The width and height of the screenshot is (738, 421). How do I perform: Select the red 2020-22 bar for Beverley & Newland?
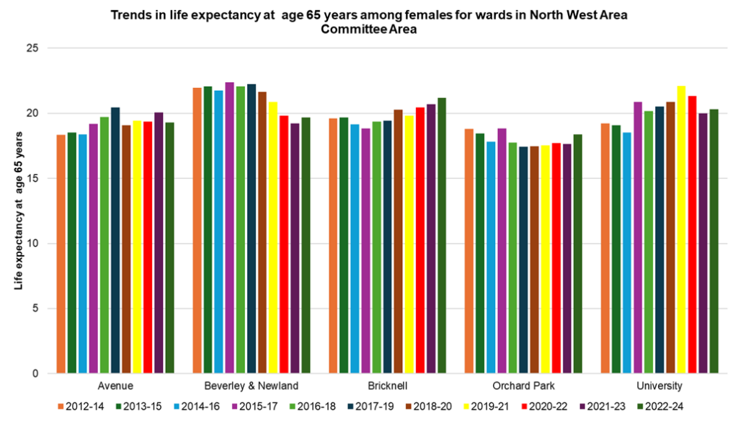click(283, 244)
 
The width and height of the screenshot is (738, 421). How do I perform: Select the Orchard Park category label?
click(523, 386)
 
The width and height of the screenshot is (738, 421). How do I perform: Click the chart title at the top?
click(368, 22)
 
